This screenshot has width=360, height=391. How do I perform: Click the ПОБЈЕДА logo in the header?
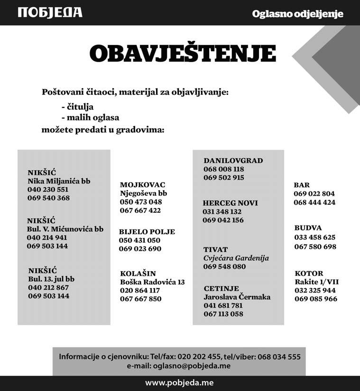coord(50,12)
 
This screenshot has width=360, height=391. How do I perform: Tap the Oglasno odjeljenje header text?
coord(297,14)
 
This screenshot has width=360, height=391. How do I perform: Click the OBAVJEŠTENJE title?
coord(183,54)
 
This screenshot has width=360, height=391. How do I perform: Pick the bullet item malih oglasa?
coord(91,118)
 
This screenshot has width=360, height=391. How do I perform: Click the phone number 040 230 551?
coord(48,190)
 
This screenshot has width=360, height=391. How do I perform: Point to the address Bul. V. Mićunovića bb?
coord(65,229)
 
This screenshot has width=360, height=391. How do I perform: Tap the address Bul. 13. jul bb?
coord(51,279)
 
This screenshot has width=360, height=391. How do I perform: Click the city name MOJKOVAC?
coord(142,185)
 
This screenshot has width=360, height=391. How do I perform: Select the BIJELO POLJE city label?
coord(147,232)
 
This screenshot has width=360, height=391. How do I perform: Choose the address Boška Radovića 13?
coord(152,282)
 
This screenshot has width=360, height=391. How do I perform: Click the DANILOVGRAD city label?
coord(233,161)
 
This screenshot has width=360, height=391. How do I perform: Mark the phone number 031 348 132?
coord(222,212)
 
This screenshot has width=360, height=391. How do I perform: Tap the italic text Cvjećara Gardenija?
coord(236,258)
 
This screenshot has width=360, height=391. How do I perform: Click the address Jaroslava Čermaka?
coord(237,297)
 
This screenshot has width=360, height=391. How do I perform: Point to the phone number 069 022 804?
coord(314,194)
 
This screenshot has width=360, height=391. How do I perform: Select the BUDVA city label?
coord(308,228)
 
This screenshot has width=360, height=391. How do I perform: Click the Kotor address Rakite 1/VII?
coord(316,282)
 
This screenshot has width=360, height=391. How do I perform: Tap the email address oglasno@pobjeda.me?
coord(192,366)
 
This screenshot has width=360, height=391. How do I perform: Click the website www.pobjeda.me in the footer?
coord(180,382)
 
